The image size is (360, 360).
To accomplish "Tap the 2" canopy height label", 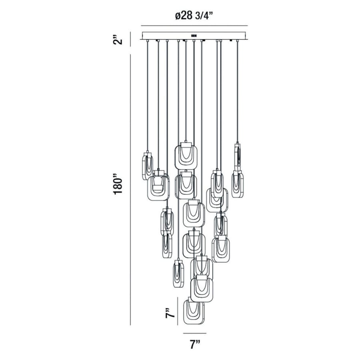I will point(117,40).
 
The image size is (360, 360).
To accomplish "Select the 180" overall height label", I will point(117,184).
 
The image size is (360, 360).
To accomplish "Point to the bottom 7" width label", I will point(195,345).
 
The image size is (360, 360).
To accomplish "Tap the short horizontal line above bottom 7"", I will point(195,333).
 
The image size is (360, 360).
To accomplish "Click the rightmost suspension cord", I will point(238,92).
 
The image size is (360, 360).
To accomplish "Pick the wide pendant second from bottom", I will point(202,289).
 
